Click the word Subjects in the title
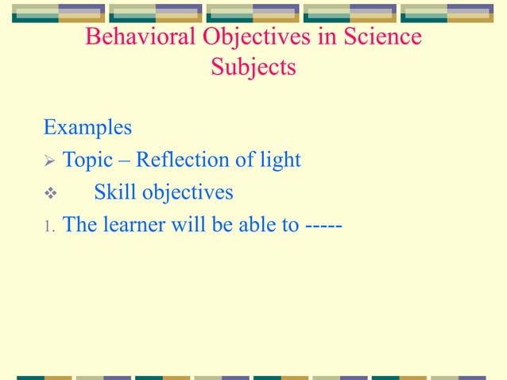coord(253,68)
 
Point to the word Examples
coord(87,127)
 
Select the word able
coord(250,225)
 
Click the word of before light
coord(245,160)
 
